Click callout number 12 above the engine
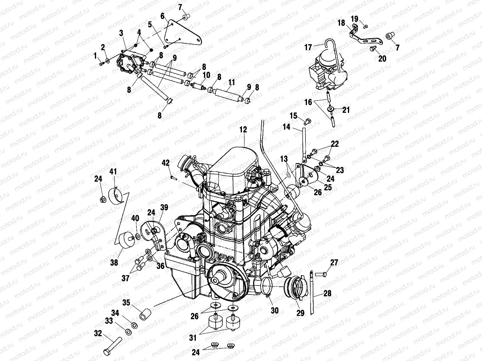243,130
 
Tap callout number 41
113,172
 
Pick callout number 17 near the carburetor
308,47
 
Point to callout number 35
126,302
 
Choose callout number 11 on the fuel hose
231,82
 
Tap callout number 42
166,163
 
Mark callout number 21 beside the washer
346,110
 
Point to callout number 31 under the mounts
193,338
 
